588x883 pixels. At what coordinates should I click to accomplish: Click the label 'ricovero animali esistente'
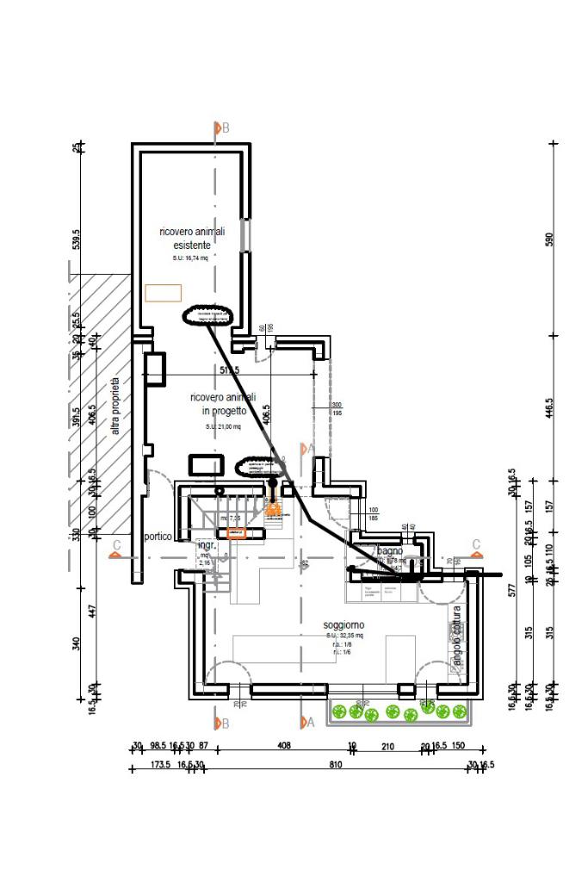[192, 238]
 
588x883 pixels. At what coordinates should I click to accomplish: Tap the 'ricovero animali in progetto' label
[223, 404]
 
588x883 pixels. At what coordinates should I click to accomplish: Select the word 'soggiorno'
[344, 624]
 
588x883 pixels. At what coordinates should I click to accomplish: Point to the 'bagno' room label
[390, 550]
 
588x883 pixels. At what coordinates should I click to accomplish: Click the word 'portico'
[159, 536]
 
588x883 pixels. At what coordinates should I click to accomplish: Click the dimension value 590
[550, 239]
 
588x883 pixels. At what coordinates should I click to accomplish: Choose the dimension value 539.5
[76, 239]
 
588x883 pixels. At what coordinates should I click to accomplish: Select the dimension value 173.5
[158, 764]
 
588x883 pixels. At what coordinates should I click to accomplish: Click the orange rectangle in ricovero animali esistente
[163, 293]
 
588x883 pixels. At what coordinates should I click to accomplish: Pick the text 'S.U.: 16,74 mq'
[191, 258]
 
